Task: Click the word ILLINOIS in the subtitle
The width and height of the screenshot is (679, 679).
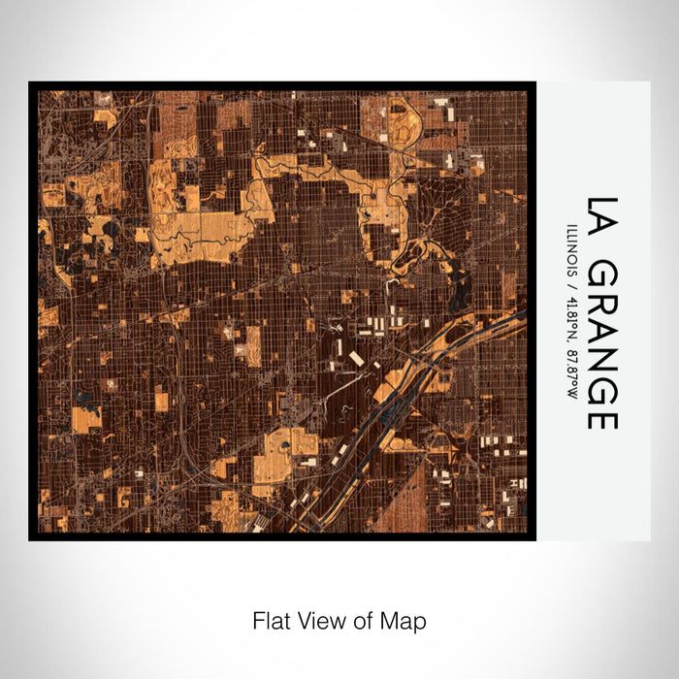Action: [x=571, y=250]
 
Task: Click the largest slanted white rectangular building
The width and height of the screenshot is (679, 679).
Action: [x=356, y=359]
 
